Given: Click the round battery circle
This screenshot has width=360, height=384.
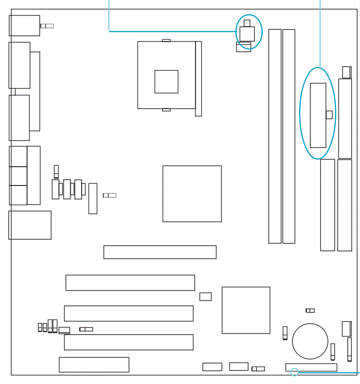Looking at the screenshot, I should [x=310, y=341].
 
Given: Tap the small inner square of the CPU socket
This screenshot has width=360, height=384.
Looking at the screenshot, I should [x=166, y=82].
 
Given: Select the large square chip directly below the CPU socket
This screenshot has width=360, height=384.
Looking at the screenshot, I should [x=192, y=194].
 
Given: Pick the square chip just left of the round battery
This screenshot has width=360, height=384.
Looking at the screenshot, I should [x=246, y=310].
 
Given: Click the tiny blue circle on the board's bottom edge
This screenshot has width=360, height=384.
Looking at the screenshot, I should [x=295, y=372].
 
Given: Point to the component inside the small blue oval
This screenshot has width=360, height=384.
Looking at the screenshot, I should [x=247, y=33].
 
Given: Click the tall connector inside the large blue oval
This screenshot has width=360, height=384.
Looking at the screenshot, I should [x=318, y=115].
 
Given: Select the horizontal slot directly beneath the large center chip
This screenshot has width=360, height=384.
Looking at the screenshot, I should [x=160, y=252].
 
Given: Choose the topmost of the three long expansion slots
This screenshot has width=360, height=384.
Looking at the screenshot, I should [x=130, y=283].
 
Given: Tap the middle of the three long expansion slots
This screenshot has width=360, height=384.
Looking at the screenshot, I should [x=129, y=313].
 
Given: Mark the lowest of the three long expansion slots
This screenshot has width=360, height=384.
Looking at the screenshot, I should [x=129, y=342].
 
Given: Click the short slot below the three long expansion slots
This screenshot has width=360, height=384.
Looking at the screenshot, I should [x=94, y=365].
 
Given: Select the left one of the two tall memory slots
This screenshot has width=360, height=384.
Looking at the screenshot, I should [x=275, y=136].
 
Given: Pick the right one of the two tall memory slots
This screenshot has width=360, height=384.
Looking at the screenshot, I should [x=289, y=136].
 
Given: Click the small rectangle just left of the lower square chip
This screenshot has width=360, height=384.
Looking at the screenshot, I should [x=206, y=297].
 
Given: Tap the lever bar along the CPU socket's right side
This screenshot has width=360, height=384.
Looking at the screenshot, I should [x=199, y=79].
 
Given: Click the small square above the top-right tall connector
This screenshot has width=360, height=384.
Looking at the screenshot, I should [x=346, y=71].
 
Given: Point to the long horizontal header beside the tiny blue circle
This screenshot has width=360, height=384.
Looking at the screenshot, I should [x=311, y=367].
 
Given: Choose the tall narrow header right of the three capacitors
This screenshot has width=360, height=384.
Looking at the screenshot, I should [x=93, y=199].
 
